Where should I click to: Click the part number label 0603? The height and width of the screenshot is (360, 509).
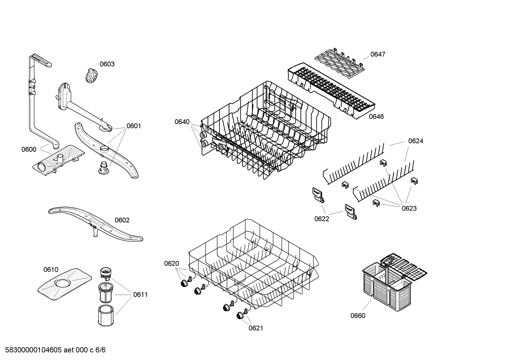click(x=107, y=64)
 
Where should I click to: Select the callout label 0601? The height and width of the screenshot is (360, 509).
click(x=133, y=126)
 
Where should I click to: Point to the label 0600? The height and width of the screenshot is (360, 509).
click(x=29, y=149)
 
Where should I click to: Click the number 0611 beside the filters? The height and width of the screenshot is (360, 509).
click(x=140, y=295)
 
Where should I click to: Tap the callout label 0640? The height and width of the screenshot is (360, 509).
click(x=182, y=122)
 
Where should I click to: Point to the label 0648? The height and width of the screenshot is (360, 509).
click(x=376, y=117)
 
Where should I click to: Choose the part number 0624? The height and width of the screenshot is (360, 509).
click(x=415, y=141)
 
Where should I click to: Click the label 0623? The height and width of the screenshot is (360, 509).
click(x=409, y=208)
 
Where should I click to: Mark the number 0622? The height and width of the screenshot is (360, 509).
click(x=322, y=219)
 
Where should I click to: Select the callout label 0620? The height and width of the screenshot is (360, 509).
click(x=172, y=264)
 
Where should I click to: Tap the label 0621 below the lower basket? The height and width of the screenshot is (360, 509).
click(x=256, y=328)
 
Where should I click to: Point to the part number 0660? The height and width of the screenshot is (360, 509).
click(x=358, y=316)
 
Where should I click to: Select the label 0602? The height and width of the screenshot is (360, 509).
click(x=122, y=220)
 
